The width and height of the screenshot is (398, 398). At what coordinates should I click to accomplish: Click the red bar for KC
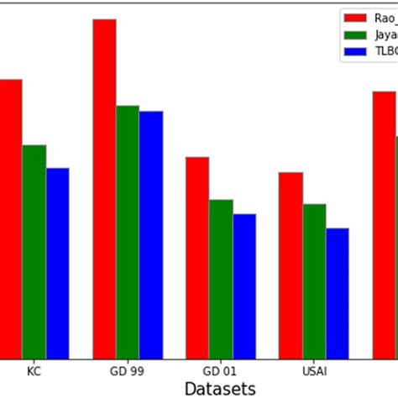click(x=10, y=218)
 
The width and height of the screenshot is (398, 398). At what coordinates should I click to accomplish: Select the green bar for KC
click(x=34, y=252)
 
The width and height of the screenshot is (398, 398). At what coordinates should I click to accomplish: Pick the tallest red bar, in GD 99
click(x=104, y=189)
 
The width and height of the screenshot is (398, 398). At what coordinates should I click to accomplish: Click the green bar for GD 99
click(x=128, y=232)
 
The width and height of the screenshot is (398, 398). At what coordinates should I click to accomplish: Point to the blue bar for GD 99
click(x=151, y=235)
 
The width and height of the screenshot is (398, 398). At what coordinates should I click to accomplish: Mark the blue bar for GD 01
click(x=244, y=286)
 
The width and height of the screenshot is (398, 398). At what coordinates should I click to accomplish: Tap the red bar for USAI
click(x=291, y=265)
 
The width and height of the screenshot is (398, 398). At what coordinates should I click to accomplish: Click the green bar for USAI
click(x=314, y=281)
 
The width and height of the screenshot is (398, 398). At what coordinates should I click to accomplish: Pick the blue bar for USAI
click(x=337, y=293)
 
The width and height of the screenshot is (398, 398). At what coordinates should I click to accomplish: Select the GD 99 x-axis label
click(x=128, y=370)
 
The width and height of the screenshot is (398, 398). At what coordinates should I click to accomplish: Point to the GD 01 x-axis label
click(x=221, y=370)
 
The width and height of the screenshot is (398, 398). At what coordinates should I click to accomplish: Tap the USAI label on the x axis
click(x=314, y=370)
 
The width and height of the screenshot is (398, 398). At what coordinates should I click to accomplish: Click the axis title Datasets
click(x=221, y=388)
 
